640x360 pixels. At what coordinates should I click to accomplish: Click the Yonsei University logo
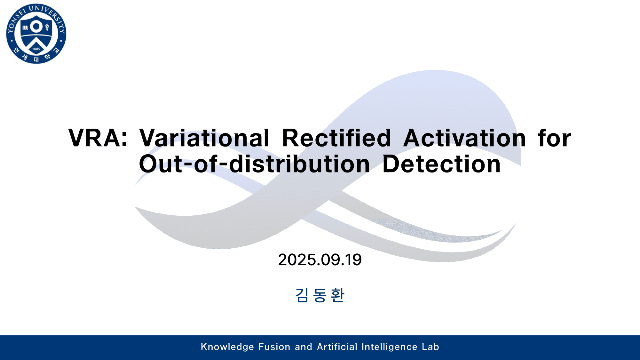(36, 34)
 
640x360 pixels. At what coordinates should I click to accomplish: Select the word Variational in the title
(204, 138)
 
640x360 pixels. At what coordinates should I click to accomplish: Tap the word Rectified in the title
(336, 138)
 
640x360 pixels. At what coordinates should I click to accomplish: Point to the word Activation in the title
(464, 138)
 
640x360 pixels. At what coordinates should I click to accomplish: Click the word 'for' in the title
(554, 138)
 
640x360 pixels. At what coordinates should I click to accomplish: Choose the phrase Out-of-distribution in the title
(254, 164)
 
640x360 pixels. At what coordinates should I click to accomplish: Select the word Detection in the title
(441, 164)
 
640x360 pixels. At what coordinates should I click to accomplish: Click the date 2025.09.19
(320, 260)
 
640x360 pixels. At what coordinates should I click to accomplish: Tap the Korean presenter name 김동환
(320, 295)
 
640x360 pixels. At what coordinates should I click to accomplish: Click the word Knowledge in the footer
(227, 347)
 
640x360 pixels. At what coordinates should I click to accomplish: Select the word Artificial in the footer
(337, 347)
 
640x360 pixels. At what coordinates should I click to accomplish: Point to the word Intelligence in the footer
(389, 347)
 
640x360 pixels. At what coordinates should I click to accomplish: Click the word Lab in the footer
(430, 347)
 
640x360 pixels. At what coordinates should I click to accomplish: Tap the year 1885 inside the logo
(36, 49)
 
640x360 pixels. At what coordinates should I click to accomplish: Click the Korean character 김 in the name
(302, 295)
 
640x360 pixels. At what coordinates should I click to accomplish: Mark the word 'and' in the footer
(303, 347)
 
